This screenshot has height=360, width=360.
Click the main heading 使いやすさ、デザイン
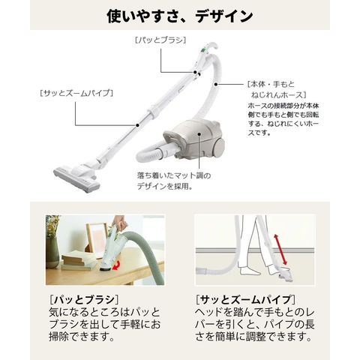coord(180,16)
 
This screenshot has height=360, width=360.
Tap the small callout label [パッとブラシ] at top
coord(160,40)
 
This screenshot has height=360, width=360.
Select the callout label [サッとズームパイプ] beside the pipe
coord(76,93)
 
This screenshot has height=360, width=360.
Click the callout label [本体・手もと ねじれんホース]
coord(277,89)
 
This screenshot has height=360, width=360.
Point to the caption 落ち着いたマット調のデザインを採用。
coord(174,181)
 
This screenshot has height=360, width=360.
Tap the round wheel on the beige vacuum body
coord(219,147)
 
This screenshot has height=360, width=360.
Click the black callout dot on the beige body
coord(199,133)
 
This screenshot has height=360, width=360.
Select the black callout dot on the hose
coord(215,84)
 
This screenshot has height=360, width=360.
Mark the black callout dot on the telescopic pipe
coord(137,125)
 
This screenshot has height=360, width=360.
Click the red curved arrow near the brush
coord(116,265)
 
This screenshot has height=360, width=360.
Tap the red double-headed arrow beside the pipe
coord(280,250)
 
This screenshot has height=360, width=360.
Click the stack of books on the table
coord(79,262)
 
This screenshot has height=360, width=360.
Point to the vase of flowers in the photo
coord(52,241)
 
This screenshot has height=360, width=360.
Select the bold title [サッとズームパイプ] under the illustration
coord(245,299)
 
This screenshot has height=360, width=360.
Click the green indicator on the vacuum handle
coord(203,50)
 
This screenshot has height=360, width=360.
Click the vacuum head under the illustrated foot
coord(284,276)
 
